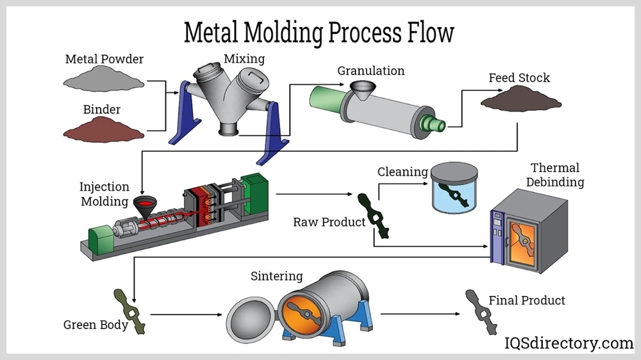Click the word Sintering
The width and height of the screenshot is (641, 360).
[x=276, y=277]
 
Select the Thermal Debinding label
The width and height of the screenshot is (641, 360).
[x=555, y=175]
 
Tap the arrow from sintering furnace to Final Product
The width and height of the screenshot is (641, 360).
[x=420, y=315]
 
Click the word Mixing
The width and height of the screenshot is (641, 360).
[x=244, y=59]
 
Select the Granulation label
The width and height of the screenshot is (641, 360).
[x=371, y=70]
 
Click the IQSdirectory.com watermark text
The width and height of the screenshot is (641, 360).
[x=569, y=343]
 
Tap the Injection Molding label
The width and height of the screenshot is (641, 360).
[x=104, y=194]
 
